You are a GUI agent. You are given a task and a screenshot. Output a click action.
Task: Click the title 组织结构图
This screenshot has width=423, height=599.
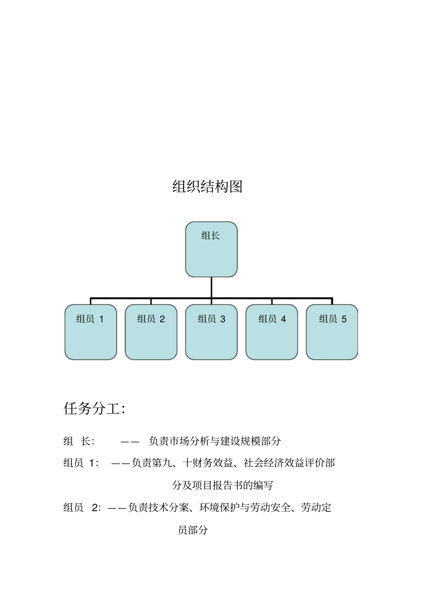pos(207,186)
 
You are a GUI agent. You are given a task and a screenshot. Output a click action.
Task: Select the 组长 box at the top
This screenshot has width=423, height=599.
pos(211,249)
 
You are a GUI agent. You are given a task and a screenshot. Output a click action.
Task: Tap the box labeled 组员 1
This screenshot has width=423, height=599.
pos(90,332)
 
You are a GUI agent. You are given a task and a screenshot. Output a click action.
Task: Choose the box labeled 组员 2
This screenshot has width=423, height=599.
pos(151,332)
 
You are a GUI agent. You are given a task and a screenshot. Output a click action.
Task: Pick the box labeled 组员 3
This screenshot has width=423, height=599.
pos(211,332)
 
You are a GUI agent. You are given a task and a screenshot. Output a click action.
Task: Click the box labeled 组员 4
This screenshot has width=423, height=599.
pos(272,332)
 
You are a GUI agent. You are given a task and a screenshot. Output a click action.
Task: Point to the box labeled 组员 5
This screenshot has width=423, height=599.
pos(332,332)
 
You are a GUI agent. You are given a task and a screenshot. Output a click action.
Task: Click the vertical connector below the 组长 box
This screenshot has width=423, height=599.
pos(211,287)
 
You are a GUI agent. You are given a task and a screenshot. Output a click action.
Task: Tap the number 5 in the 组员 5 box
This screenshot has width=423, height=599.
pos(344,319)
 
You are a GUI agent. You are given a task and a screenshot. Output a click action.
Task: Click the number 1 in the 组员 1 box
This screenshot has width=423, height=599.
pos(101,319)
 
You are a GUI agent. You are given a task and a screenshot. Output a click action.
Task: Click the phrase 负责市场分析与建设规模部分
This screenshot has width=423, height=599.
pos(215,441)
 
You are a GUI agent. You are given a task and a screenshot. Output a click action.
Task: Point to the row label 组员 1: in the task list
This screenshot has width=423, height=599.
pos(81,463)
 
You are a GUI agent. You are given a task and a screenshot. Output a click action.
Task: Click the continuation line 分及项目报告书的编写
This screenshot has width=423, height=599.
pos(223,485)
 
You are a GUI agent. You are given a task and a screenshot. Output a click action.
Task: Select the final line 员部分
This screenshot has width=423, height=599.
pos(193,530)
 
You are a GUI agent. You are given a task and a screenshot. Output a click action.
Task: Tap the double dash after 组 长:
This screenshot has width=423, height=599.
pos(130,441)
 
